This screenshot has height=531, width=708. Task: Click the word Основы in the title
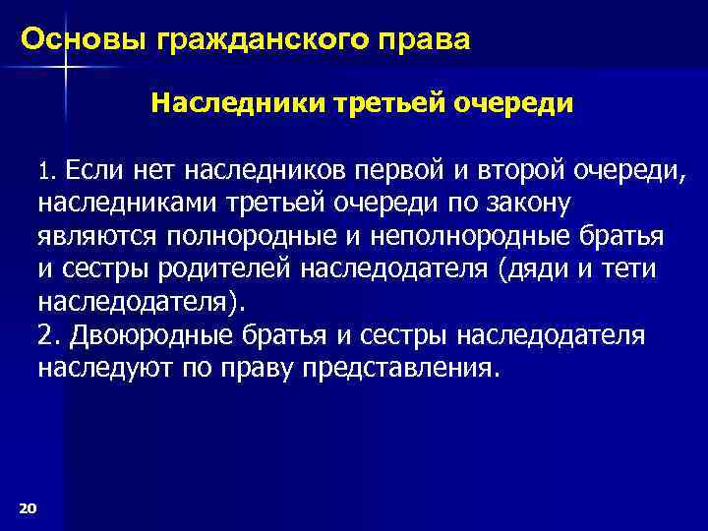pyautogui.click(x=82, y=40)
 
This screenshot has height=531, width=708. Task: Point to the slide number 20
pyautogui.click(x=28, y=506)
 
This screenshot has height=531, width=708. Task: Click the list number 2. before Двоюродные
pyautogui.click(x=49, y=335)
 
